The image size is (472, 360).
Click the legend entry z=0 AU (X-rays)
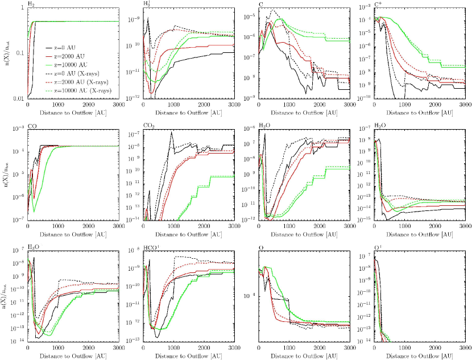pos(74,74)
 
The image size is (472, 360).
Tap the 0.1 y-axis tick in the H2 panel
pos(19,54)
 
